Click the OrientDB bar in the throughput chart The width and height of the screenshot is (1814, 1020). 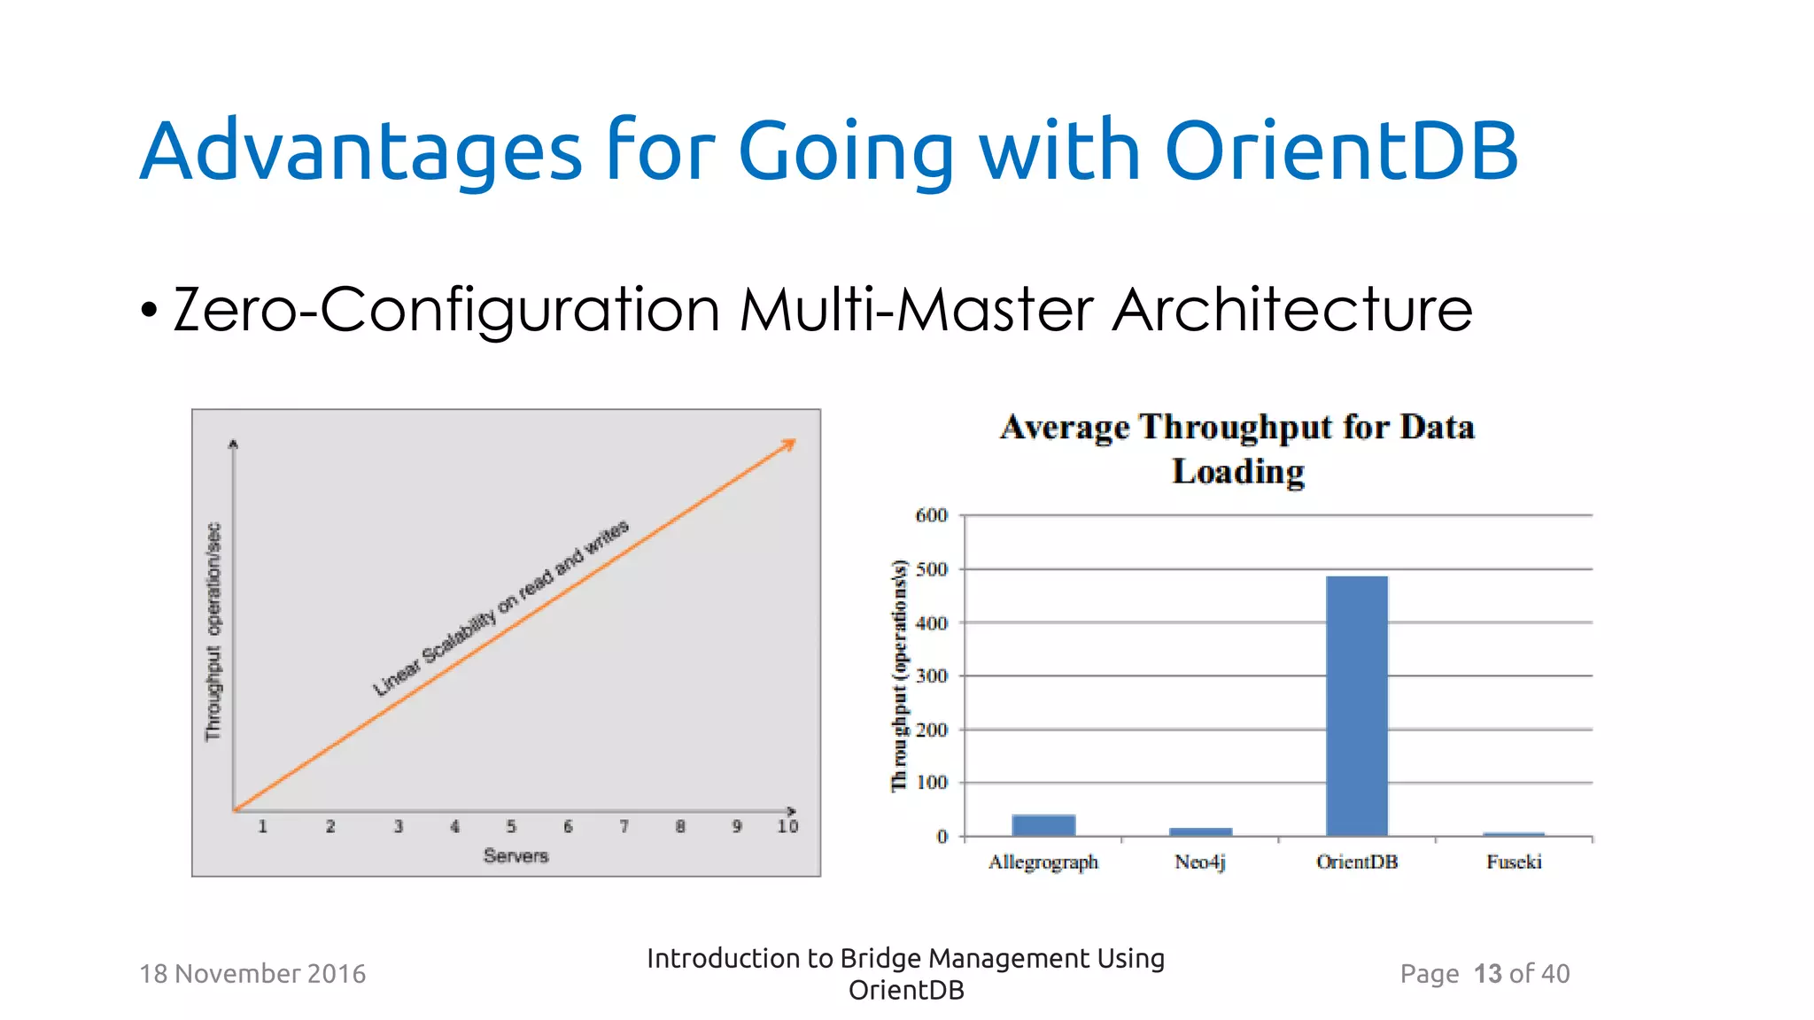click(1356, 706)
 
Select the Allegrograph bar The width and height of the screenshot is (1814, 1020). click(1043, 825)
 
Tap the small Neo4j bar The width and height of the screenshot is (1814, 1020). click(1200, 831)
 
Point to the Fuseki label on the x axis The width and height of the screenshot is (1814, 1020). click(1514, 862)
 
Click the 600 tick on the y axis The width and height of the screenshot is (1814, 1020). click(931, 515)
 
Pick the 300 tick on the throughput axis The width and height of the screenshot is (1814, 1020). click(931, 676)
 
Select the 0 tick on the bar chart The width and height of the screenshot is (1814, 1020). click(942, 837)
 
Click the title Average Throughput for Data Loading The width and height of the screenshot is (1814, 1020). click(1237, 449)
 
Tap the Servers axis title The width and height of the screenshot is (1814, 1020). click(516, 855)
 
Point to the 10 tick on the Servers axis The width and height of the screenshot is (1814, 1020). click(787, 826)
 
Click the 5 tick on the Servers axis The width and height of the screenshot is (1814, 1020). click(511, 826)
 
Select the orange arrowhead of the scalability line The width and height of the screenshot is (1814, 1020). click(788, 444)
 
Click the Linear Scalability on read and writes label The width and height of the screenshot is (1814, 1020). click(500, 608)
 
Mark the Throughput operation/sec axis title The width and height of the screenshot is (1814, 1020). click(213, 631)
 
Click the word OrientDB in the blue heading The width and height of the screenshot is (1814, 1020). click(1341, 151)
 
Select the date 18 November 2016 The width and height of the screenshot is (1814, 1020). click(252, 974)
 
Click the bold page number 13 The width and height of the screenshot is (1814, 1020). click(1487, 974)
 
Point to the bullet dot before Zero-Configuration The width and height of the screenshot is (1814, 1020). click(149, 311)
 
